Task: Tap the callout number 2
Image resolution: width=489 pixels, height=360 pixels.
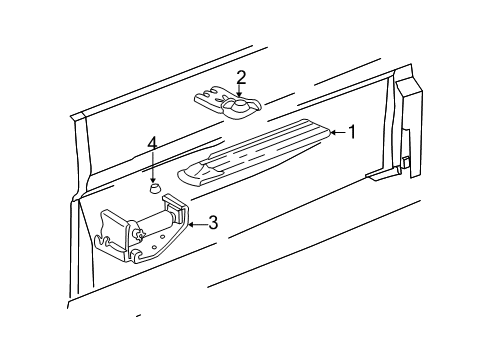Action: coord(241,76)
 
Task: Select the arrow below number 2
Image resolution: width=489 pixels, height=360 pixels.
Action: coord(240,94)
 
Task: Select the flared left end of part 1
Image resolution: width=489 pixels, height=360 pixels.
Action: coord(190,177)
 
